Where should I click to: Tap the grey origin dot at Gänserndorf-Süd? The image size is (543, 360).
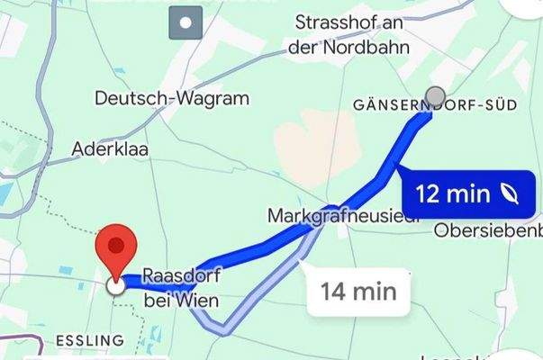pos(435,96)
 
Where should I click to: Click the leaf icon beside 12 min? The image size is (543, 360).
pos(510,193)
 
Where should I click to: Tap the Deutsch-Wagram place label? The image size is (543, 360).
pos(171,98)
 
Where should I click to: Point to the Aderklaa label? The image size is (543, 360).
pos(113,148)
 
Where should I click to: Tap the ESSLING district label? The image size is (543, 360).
pos(89,340)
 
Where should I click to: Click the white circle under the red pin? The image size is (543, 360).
pos(115,286)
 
